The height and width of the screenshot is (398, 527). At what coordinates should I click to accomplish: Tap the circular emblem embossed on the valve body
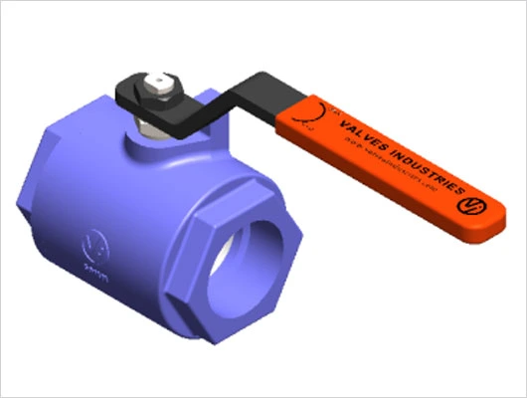(x=96, y=242)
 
